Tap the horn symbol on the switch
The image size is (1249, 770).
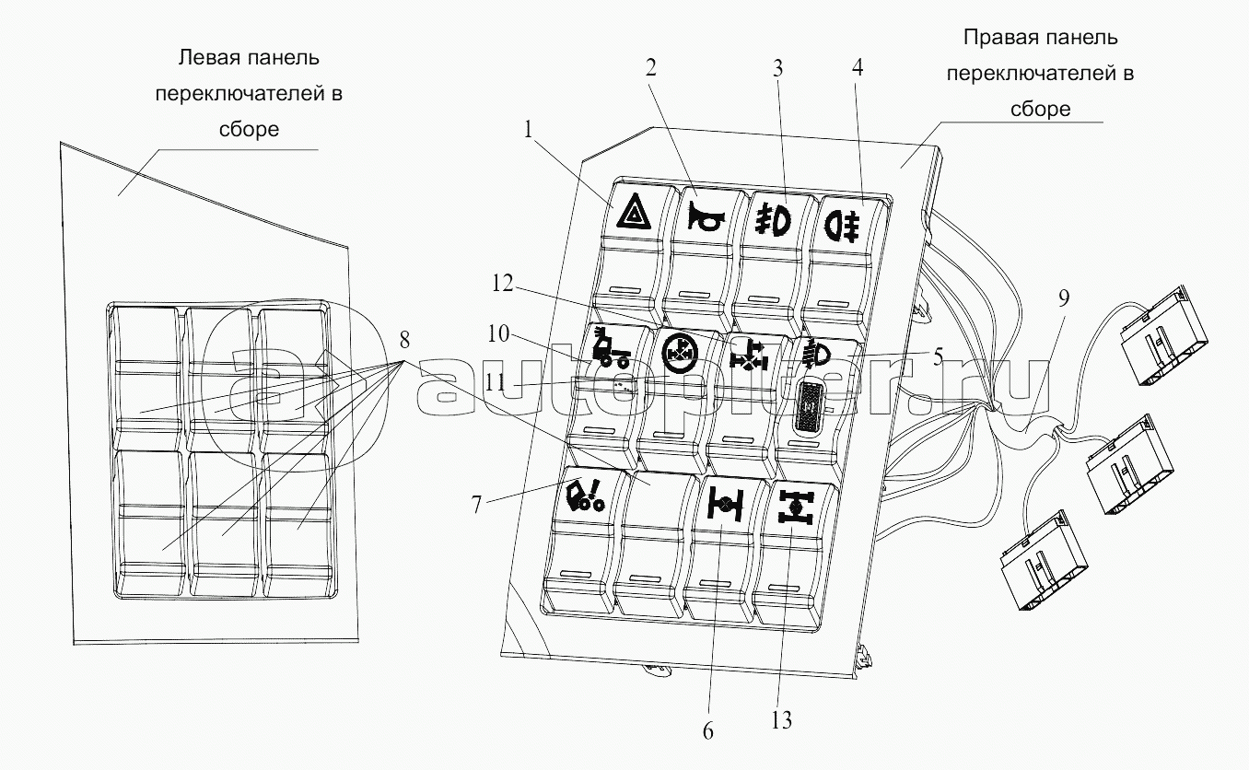click(x=705, y=218)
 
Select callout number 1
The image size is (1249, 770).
click(x=528, y=130)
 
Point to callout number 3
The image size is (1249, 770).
click(x=777, y=68)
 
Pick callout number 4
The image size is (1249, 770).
click(x=858, y=67)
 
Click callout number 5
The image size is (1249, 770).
click(x=937, y=356)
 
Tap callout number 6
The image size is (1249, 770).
click(x=707, y=731)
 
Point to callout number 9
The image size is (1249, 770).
click(x=1064, y=297)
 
